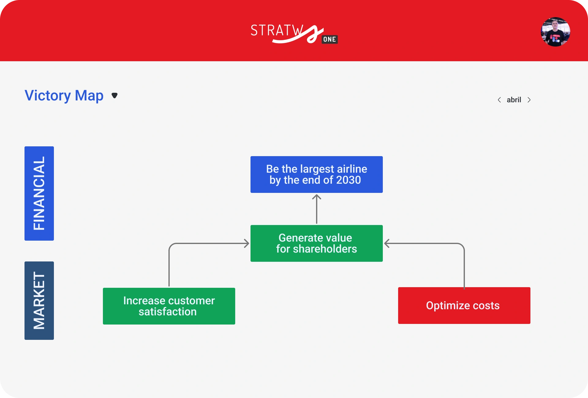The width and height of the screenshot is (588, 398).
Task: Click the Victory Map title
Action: pyautogui.click(x=64, y=96)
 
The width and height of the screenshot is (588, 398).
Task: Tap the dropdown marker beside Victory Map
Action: pyautogui.click(x=115, y=96)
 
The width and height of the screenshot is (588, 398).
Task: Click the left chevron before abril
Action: pyautogui.click(x=499, y=100)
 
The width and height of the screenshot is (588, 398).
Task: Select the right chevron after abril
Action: pyautogui.click(x=529, y=100)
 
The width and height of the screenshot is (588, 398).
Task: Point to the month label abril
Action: pyautogui.click(x=514, y=100)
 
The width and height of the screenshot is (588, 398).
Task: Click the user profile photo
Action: pyautogui.click(x=556, y=32)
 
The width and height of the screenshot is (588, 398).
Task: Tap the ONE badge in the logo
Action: pyautogui.click(x=330, y=39)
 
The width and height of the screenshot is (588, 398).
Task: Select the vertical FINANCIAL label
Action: pyautogui.click(x=39, y=193)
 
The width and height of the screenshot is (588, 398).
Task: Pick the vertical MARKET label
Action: pyautogui.click(x=39, y=301)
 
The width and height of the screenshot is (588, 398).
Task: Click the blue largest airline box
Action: pyautogui.click(x=317, y=175)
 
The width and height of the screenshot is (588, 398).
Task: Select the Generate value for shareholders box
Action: pyautogui.click(x=317, y=243)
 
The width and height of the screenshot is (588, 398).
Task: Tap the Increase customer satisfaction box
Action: pyautogui.click(x=169, y=306)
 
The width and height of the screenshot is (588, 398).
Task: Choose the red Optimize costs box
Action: pyautogui.click(x=464, y=306)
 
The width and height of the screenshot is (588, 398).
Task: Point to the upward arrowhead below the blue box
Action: pyautogui.click(x=317, y=197)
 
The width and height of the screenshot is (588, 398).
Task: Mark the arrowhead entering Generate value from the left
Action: pyautogui.click(x=247, y=243)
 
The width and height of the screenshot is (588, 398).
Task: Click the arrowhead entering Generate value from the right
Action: pyautogui.click(x=387, y=243)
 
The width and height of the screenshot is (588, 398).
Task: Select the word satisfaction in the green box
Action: pyautogui.click(x=168, y=312)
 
